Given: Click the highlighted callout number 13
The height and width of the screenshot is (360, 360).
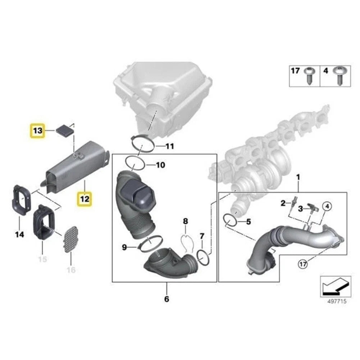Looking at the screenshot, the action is (38, 131).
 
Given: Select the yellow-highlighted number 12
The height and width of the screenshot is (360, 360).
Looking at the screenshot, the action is (85, 199).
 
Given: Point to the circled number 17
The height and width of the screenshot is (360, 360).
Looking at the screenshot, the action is (303, 264).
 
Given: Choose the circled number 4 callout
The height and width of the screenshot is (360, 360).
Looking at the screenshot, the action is (327, 206).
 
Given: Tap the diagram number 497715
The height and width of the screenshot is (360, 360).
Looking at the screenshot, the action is (337, 301).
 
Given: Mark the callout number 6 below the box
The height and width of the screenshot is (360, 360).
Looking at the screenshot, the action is (167, 299).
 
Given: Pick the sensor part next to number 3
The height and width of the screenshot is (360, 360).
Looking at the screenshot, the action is (313, 209).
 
